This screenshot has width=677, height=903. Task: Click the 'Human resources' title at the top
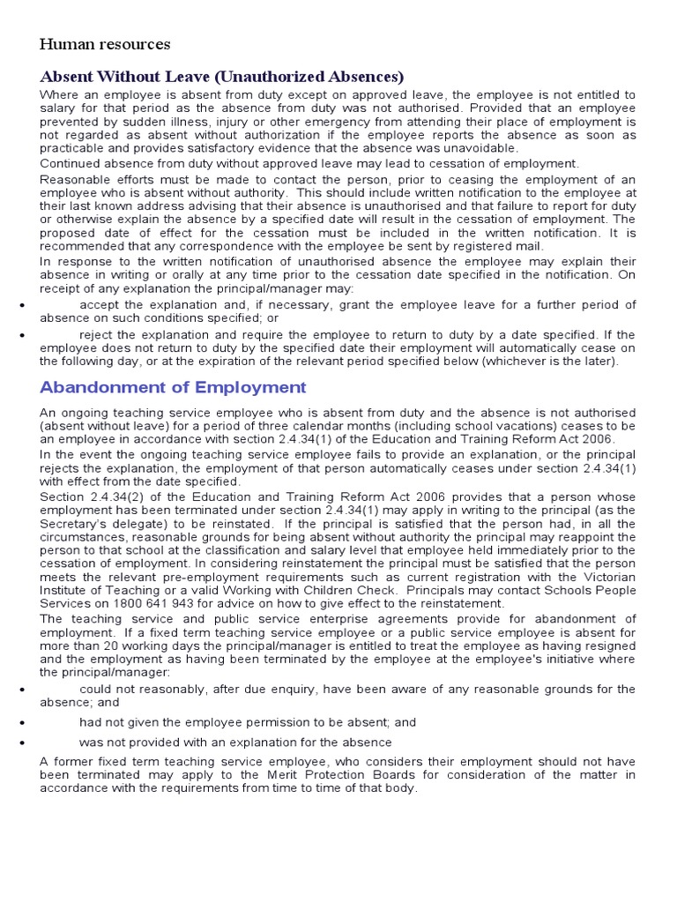[105, 44]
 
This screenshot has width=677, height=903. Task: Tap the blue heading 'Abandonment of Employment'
[174, 387]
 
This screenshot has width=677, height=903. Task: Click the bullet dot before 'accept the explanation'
[20, 305]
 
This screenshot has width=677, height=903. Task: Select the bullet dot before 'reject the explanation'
[20, 335]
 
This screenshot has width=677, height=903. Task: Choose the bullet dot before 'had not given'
[20, 722]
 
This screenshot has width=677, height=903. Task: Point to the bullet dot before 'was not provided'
[20, 743]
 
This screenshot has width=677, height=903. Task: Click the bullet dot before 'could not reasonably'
[20, 689]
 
